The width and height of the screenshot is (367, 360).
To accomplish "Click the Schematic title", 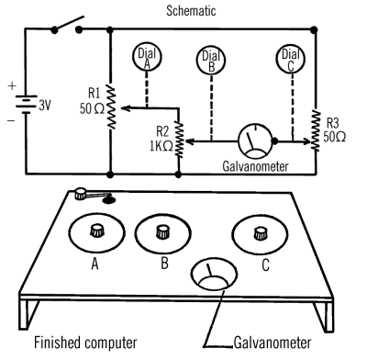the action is point(191,10).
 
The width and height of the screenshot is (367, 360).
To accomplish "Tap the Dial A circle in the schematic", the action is point(147,56).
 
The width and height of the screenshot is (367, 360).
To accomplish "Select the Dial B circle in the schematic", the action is point(211,60).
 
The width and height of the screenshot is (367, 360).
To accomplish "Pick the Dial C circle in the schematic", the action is point(291,58).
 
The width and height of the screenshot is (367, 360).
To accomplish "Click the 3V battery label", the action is point(45,106).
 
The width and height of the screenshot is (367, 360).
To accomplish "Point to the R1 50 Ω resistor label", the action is point(92,101).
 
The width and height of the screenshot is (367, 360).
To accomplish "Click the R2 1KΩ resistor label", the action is point(161,139).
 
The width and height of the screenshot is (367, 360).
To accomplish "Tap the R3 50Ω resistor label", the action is point(334,129).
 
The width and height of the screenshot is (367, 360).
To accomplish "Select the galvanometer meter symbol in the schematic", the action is point(255,141).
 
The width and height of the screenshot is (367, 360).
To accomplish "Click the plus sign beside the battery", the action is point(12,85).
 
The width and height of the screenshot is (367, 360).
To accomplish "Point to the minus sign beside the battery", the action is point(11,121).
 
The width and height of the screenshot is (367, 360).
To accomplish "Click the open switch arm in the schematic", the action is point(68,23).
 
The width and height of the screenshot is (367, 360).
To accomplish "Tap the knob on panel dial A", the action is point(97,231).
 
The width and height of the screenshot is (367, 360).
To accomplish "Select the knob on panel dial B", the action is point(162,231).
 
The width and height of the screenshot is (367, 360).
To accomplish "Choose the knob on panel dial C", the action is point(261,233).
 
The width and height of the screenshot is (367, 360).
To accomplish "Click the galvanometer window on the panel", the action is point(214,274).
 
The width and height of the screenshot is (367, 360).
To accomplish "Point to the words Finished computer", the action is point(85,343).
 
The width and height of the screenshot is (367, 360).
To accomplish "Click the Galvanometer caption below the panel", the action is point(272,343).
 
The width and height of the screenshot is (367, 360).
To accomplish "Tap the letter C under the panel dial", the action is point(265,264).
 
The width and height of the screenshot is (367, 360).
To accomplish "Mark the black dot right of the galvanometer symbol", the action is point(274,141).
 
